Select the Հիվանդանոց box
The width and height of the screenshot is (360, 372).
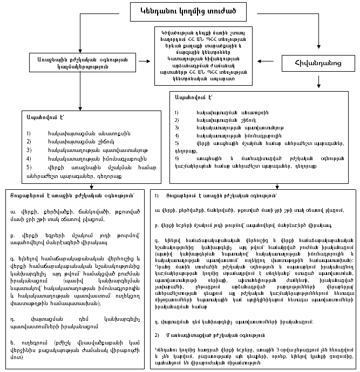click(x=318, y=64)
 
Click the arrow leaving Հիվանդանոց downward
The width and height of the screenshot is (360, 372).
click(x=318, y=81)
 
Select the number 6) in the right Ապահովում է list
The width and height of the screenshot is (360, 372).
click(x=176, y=159)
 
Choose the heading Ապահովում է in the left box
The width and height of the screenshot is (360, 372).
click(x=40, y=116)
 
